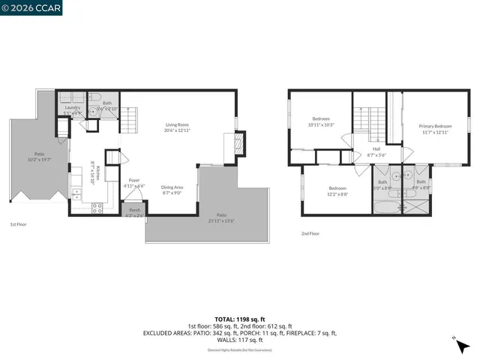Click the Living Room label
(x=177, y=127)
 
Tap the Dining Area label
(x=172, y=190)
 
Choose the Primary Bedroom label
(x=436, y=129)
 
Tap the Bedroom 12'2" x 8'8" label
(x=337, y=190)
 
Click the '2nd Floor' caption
(x=310, y=233)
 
